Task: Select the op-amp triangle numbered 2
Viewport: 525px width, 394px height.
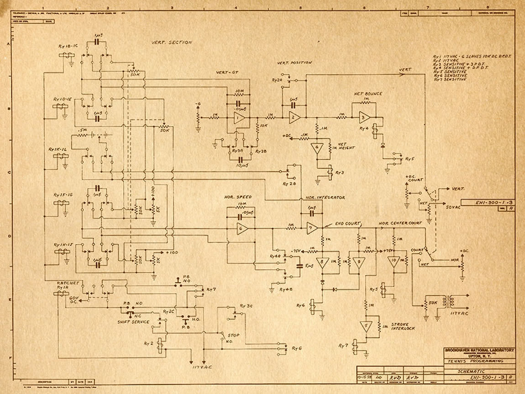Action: pos(294,118)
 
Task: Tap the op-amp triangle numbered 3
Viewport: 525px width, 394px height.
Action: pos(364,117)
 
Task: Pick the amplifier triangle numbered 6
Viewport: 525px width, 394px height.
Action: pos(242,228)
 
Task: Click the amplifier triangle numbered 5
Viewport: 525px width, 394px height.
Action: pos(365,326)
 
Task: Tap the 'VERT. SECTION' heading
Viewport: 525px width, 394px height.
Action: pos(172,42)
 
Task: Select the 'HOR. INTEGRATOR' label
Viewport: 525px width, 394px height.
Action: pos(325,197)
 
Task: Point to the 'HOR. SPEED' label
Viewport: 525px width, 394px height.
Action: pos(238,197)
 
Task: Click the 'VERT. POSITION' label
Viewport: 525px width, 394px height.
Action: pos(294,63)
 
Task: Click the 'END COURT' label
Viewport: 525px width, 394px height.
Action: pos(347,223)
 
